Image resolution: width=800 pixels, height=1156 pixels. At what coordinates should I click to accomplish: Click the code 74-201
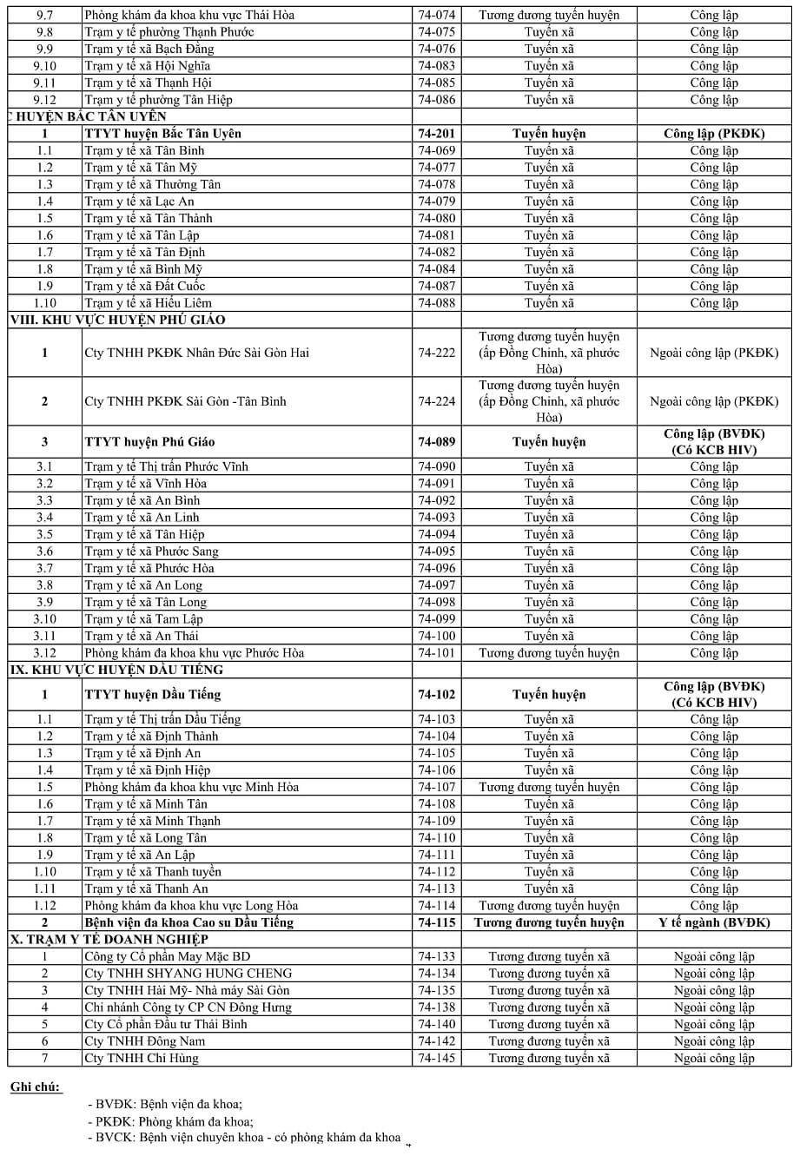point(436,134)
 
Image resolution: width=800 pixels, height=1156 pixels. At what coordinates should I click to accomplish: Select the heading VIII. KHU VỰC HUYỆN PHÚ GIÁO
point(117,320)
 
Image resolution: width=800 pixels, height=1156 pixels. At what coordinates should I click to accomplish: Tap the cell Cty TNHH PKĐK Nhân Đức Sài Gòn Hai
point(196,353)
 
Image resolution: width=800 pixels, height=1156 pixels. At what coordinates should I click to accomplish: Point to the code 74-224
point(436,401)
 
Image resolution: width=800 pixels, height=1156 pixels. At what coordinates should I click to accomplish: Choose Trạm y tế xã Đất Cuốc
point(145,286)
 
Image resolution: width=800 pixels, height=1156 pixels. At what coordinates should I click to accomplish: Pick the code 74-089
point(436,442)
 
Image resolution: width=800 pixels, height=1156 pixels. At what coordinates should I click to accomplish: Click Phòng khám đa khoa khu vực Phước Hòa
point(195,653)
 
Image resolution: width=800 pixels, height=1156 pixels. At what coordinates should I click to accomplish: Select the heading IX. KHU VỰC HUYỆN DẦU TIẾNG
point(116,670)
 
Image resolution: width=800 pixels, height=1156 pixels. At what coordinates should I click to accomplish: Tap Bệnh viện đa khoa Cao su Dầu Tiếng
point(189,922)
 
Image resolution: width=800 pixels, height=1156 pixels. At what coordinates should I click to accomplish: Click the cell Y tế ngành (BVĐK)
point(714,922)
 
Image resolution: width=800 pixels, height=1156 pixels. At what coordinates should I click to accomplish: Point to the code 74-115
point(436,922)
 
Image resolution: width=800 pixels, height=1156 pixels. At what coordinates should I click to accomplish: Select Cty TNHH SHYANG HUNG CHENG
point(188,974)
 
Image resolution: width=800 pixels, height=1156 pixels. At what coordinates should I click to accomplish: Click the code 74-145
point(436,1058)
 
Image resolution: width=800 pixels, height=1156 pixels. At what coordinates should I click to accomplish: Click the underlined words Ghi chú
point(36,1087)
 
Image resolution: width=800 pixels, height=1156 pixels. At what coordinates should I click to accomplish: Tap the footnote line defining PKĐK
point(164,1121)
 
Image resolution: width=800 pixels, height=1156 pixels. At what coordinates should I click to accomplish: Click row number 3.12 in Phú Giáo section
point(44,653)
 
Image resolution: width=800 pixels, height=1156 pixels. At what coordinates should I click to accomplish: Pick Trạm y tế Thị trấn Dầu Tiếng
point(163,719)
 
